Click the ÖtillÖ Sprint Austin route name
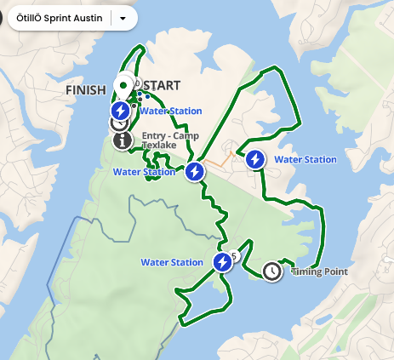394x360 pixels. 59,17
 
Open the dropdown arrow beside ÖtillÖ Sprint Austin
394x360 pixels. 124,17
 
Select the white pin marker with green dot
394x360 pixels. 123,85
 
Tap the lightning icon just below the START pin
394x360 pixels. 121,111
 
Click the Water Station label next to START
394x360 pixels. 171,111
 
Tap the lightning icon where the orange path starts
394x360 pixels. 195,172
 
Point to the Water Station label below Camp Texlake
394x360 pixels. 144,172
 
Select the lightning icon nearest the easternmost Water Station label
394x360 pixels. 254,159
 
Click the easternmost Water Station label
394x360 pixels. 305,159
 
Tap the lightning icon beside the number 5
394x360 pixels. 222,262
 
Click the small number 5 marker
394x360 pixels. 233,256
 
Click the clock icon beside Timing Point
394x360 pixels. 271,271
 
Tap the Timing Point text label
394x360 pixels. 319,272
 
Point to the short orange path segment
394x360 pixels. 220,160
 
